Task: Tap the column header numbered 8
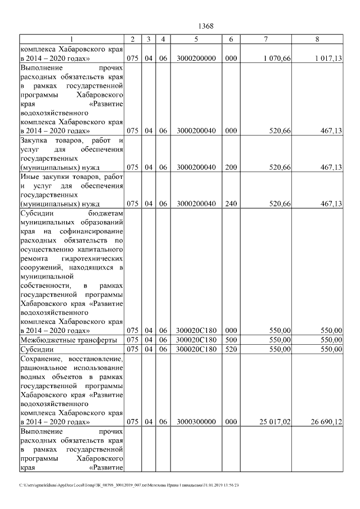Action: tap(317, 39)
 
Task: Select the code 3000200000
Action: tap(195, 58)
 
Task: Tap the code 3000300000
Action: tap(195, 421)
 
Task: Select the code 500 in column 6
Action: tap(231, 340)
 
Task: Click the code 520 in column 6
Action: tap(231, 349)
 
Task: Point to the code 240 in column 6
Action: tap(231, 204)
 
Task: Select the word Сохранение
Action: tap(42, 358)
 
